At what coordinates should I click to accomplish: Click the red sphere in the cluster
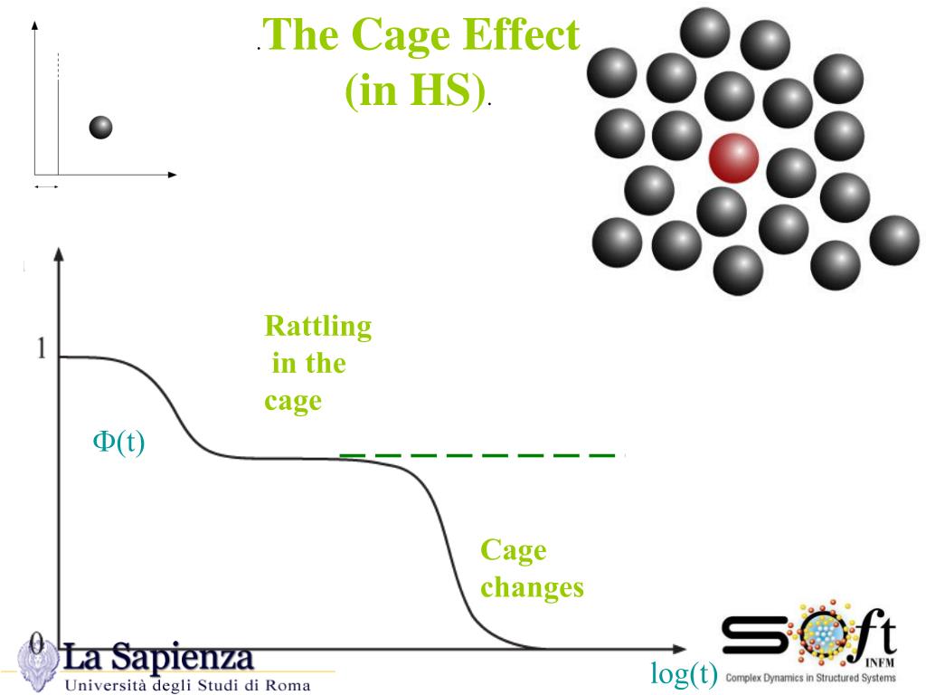point(732,157)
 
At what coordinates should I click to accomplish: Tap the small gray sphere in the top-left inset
point(100,128)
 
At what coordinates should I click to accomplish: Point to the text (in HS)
point(414,90)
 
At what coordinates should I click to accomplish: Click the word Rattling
point(317,327)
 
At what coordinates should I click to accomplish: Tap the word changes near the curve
point(532,587)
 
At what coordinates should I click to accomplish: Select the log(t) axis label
point(684,672)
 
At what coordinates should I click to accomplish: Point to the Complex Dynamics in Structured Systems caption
point(810,677)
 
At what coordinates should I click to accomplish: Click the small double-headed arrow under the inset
point(46,186)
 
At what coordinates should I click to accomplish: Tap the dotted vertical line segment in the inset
point(58,65)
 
